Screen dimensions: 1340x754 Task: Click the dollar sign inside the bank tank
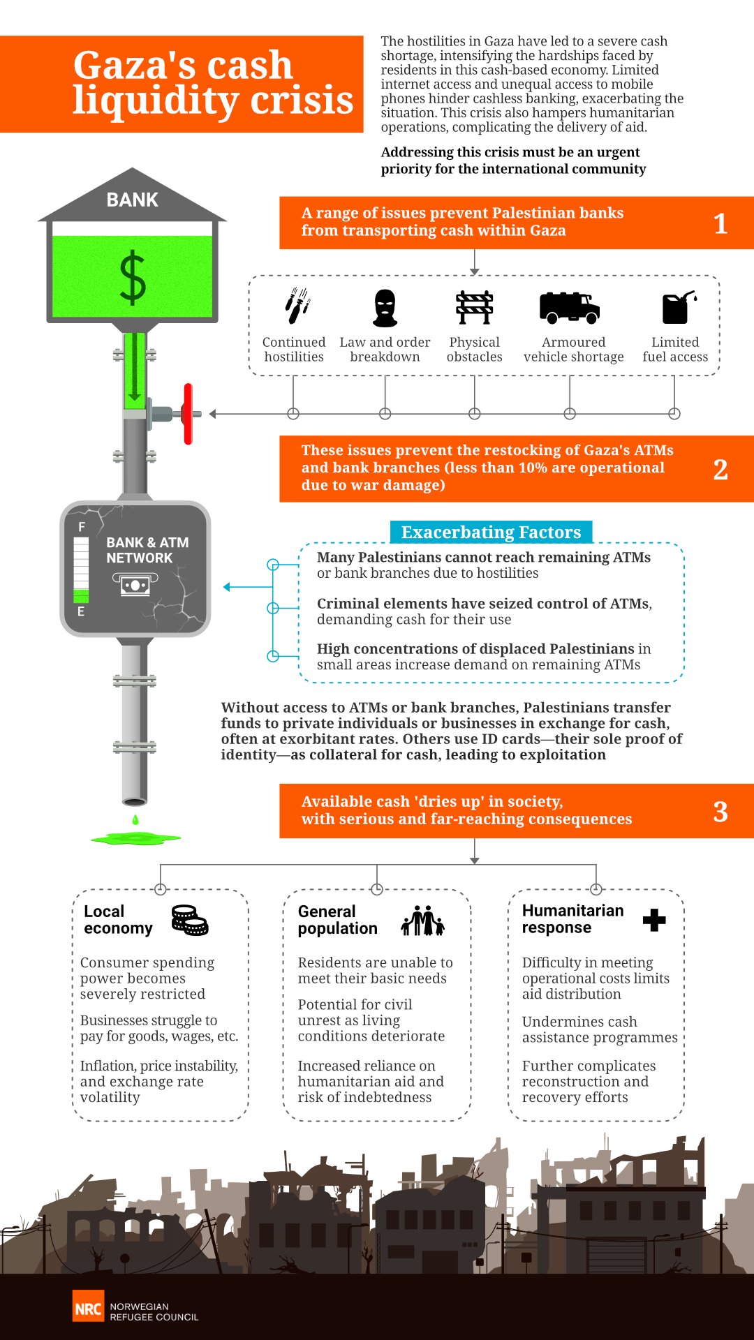[133, 278]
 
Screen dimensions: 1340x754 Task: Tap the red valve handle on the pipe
[188, 413]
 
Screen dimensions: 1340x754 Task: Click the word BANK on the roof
[132, 200]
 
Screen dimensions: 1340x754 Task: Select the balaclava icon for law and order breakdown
[385, 308]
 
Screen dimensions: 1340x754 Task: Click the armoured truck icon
[570, 308]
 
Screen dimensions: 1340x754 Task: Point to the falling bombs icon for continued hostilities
[297, 306]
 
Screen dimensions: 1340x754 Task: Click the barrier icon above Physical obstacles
[474, 308]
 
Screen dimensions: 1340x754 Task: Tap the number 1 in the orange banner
[720, 224]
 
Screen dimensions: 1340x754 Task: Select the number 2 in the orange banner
[720, 470]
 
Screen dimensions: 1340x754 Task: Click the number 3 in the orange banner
[720, 812]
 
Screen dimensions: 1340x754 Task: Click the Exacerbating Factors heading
[491, 533]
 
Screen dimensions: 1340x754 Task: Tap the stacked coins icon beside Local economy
[190, 920]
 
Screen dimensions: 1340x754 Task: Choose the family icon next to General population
[423, 921]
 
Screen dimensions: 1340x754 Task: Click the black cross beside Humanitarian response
[654, 920]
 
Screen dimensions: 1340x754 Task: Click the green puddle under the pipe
[135, 837]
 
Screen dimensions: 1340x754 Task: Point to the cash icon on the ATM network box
[135, 584]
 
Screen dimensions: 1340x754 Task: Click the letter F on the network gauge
[82, 527]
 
